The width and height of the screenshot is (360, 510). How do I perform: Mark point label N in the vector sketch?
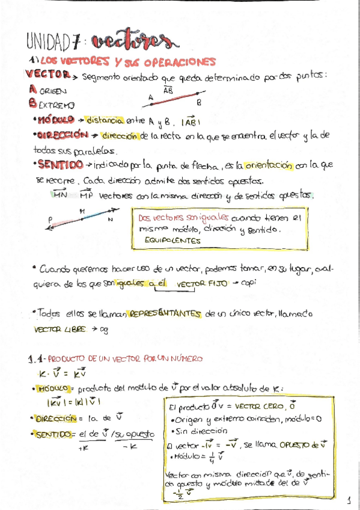pyautogui.click(x=110, y=220)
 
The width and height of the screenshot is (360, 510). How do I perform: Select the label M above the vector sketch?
pyautogui.click(x=82, y=210)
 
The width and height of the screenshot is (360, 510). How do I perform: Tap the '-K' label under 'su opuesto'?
pyautogui.click(x=130, y=447)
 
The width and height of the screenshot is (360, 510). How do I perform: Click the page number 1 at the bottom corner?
pyautogui.click(x=349, y=499)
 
